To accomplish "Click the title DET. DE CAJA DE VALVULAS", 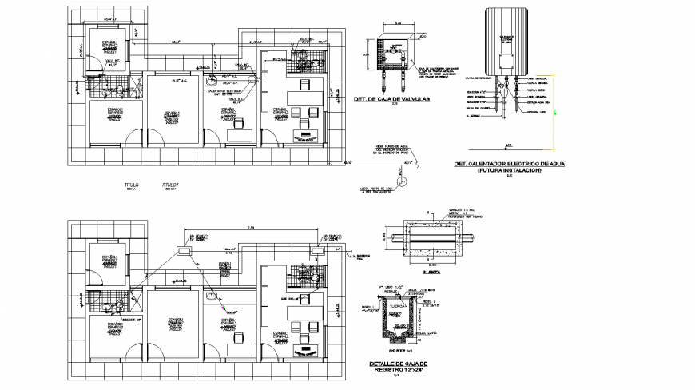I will click(391, 99).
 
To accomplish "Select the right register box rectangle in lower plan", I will click(318, 250).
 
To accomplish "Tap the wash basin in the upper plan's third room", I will click(212, 80).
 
